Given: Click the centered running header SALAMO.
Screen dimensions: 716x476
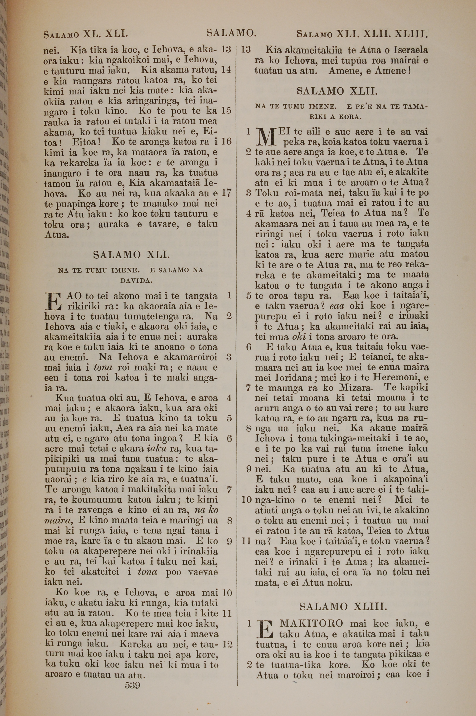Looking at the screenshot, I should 231,33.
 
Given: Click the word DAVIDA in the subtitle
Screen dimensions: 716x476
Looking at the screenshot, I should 137,281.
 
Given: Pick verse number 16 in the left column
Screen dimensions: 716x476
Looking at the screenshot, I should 227,141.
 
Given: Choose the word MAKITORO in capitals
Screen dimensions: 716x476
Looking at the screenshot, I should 311,624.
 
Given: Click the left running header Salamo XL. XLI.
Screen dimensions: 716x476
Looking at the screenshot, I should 86,34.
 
